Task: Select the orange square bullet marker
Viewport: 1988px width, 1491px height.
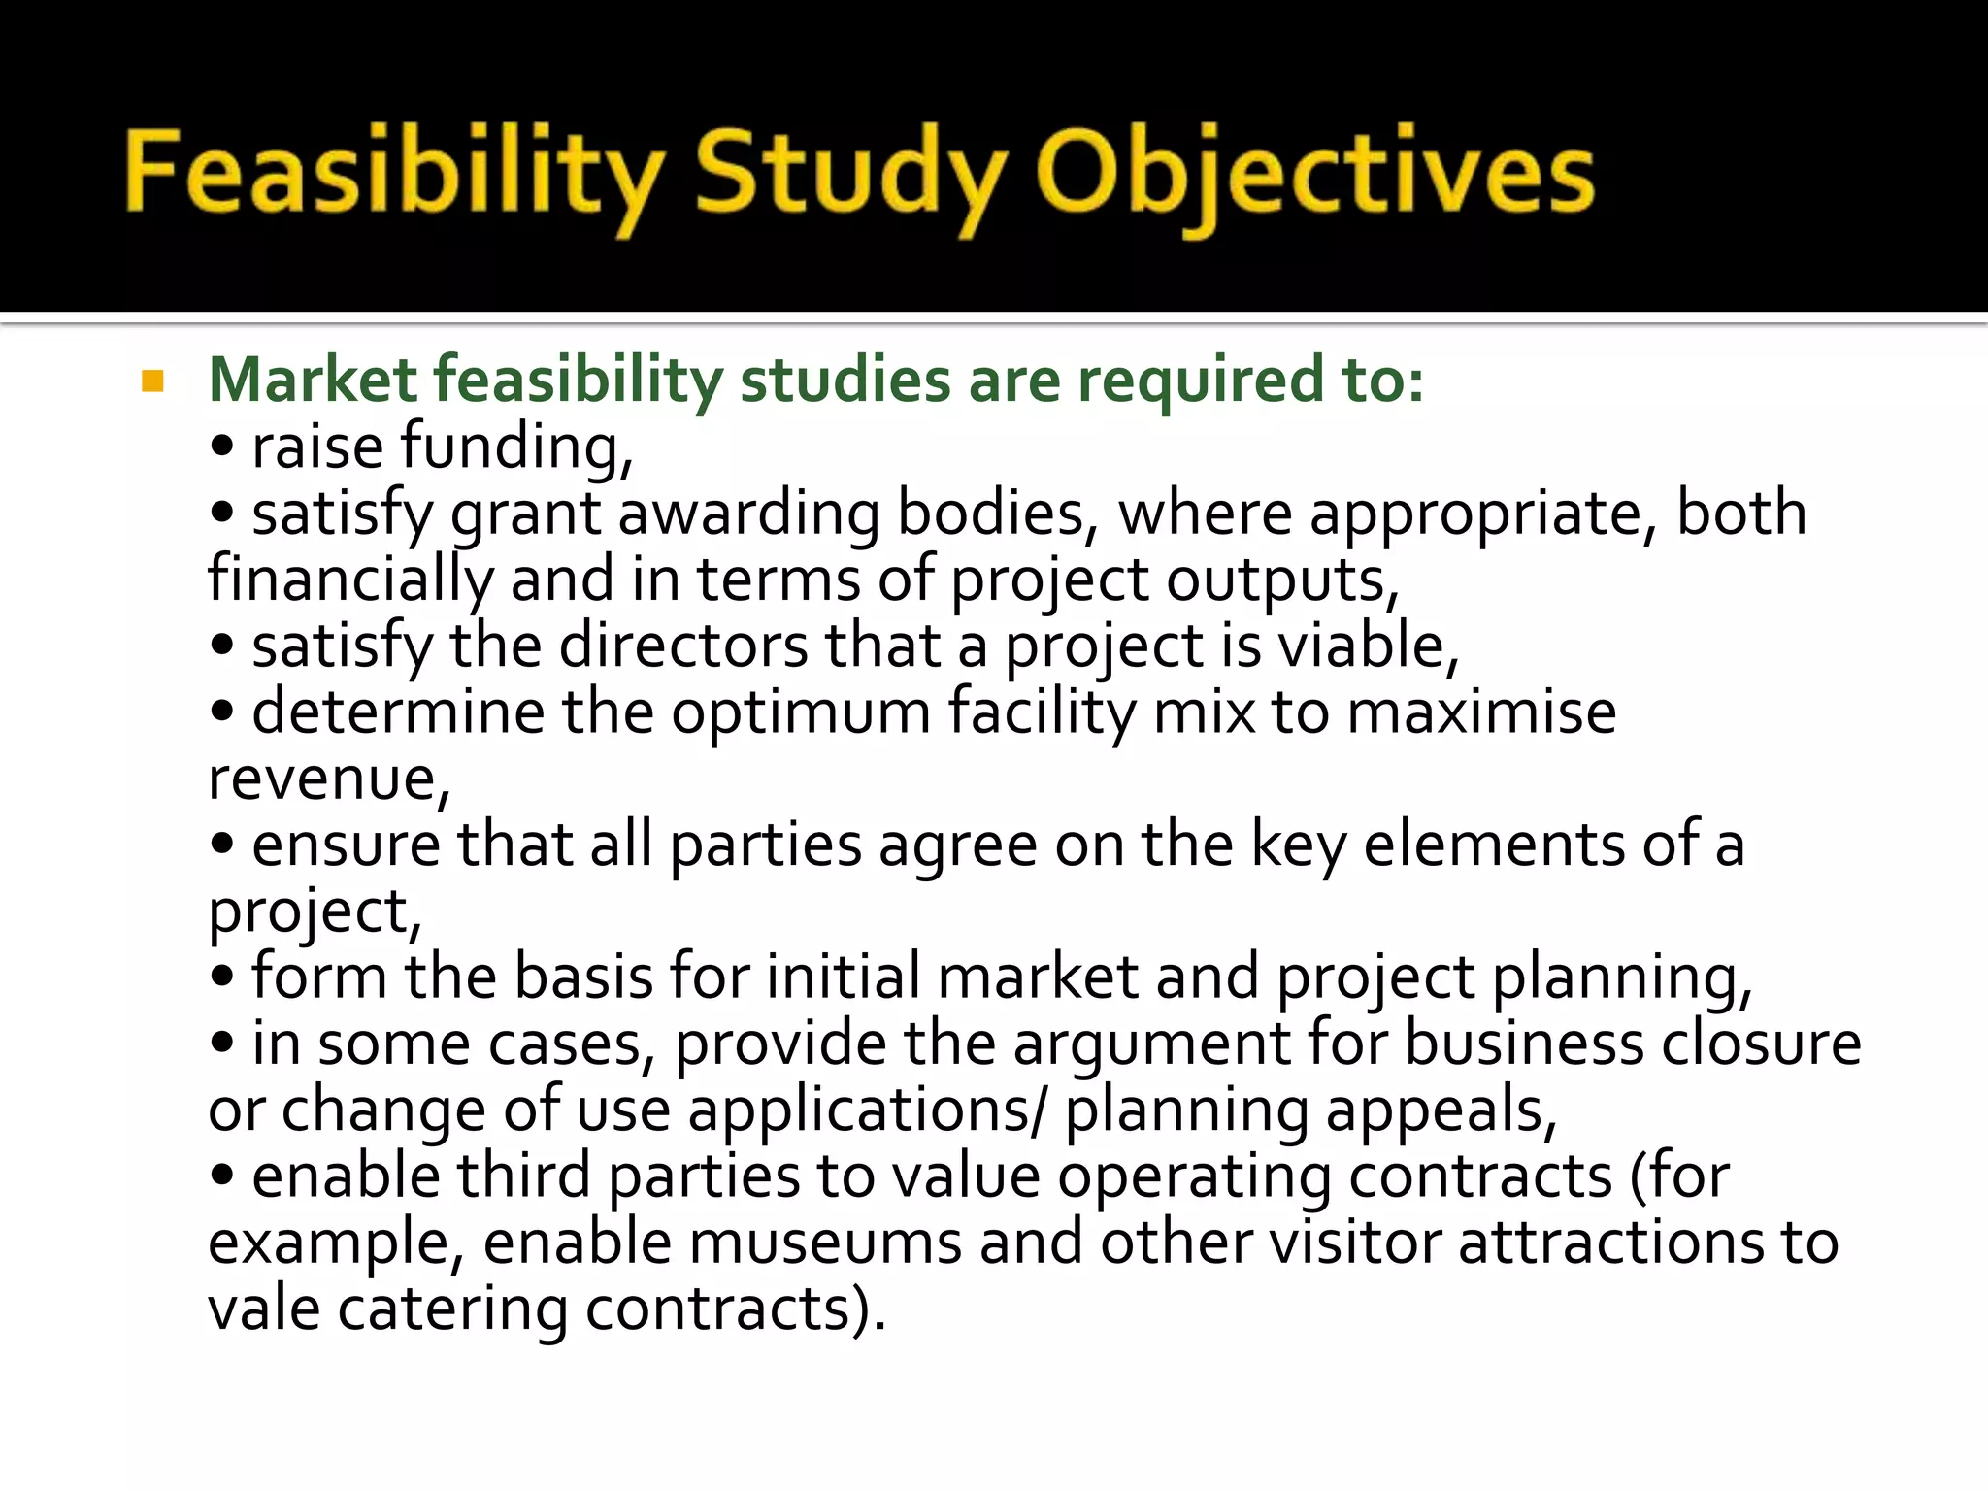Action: coord(153,381)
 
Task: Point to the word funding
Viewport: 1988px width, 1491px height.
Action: coord(516,448)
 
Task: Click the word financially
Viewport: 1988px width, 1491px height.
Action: coord(350,580)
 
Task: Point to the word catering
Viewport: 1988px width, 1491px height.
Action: coord(451,1309)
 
